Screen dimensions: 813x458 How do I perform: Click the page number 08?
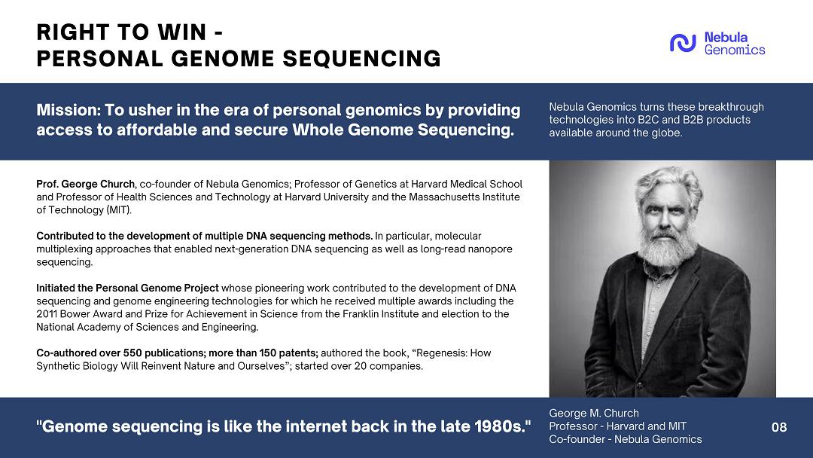coord(779,427)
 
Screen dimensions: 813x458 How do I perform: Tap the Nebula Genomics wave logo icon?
coord(682,43)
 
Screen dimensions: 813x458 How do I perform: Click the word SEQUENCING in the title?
coord(361,59)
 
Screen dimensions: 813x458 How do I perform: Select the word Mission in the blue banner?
coord(68,110)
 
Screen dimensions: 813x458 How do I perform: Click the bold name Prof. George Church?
coord(86,184)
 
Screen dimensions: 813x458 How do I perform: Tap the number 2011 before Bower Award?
coord(47,314)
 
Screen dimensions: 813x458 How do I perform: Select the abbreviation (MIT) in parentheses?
coord(119,210)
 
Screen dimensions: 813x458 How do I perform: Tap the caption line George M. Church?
coord(594,414)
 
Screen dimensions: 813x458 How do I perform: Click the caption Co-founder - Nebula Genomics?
coord(626,439)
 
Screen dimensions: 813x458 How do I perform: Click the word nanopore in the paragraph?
coord(490,249)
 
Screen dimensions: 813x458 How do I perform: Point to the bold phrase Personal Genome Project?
coord(157,288)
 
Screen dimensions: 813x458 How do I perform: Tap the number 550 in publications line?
coord(132,353)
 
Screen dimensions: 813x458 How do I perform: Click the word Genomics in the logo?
coord(734,50)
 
